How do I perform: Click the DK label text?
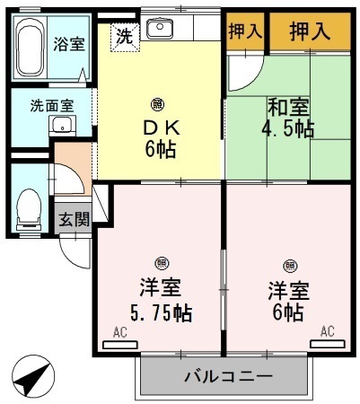point(157,125)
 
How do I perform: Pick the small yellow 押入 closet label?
point(244,31)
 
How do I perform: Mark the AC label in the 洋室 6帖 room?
point(327,332)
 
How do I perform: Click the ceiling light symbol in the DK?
point(157,102)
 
